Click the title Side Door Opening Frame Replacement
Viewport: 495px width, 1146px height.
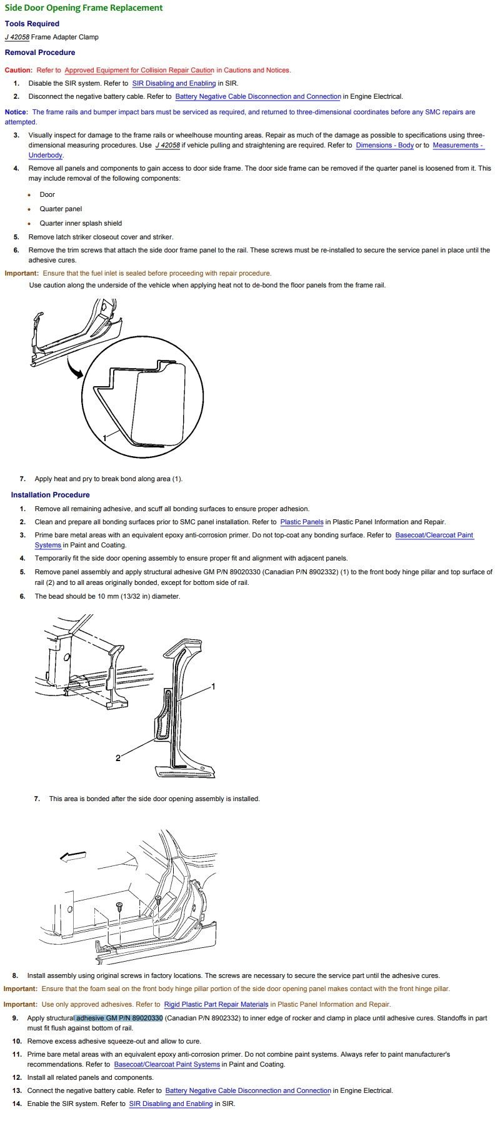pos(84,8)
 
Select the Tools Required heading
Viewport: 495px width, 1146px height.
pos(32,24)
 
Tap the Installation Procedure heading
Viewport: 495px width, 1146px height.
pos(50,495)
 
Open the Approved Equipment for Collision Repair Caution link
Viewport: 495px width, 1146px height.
pos(139,70)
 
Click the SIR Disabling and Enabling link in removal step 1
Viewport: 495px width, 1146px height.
pos(174,83)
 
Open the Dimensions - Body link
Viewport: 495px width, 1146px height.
pos(384,145)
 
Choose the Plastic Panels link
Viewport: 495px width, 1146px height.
pos(302,522)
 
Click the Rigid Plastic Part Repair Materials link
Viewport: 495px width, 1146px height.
pos(216,1004)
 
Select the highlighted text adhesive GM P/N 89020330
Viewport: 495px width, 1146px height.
pos(119,1018)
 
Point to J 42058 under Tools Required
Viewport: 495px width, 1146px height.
pos(17,37)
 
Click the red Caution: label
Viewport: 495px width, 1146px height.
pos(18,70)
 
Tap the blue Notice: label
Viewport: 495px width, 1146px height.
pos(16,112)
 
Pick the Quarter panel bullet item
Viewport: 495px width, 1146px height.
pos(61,209)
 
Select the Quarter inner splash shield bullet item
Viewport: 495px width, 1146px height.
pos(81,223)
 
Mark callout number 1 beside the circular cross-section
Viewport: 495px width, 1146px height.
pos(105,439)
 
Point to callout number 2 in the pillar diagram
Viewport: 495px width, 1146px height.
pos(117,758)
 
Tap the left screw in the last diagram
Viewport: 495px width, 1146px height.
pos(119,905)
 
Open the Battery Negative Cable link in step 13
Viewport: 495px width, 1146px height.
pos(248,1090)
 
